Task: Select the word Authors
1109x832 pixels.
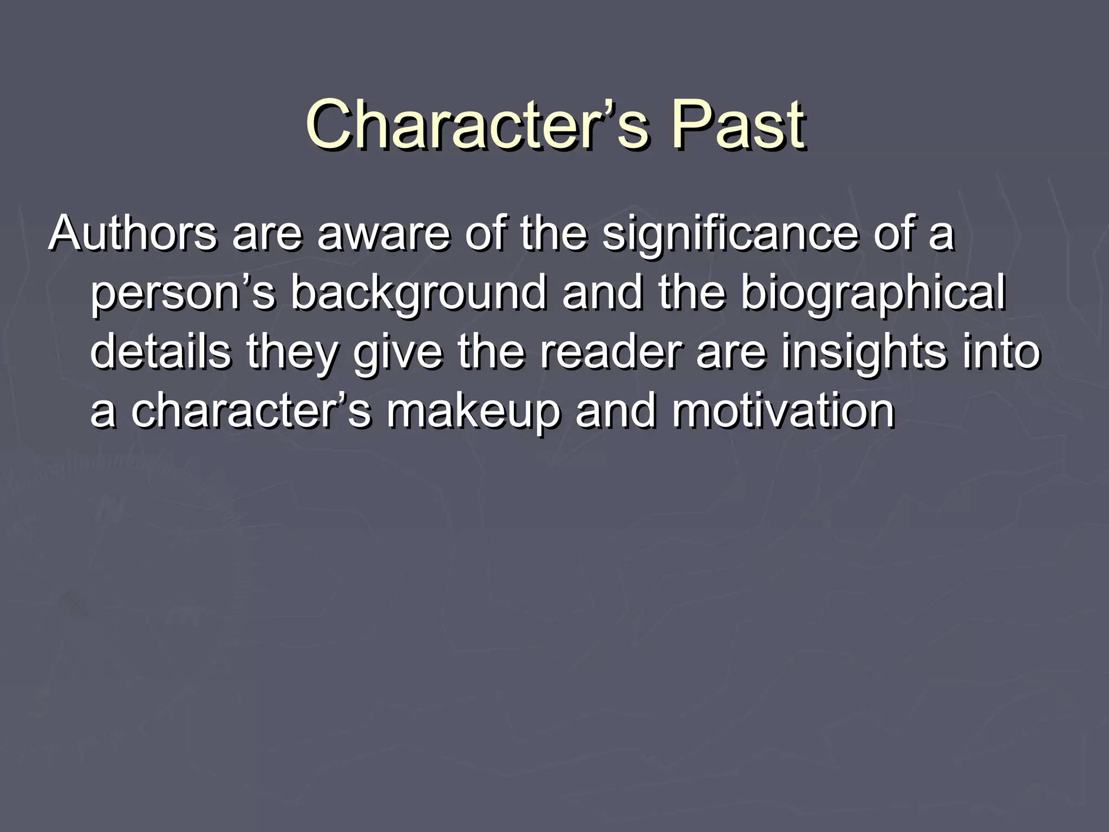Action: (133, 234)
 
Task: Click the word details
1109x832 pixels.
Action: (160, 352)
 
